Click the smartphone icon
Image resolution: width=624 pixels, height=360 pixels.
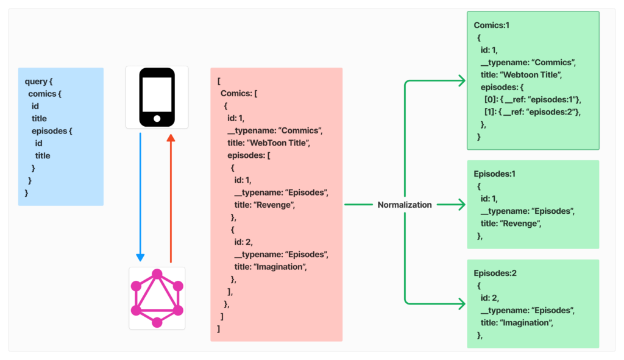point(157,97)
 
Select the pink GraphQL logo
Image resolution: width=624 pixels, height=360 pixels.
point(157,298)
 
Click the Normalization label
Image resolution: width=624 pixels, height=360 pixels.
point(404,205)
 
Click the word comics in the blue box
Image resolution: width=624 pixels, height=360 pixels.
point(42,94)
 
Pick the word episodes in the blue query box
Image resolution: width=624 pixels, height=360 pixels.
point(49,131)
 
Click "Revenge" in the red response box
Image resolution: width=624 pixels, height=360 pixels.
point(275,205)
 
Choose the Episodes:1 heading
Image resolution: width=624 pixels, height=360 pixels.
point(494,174)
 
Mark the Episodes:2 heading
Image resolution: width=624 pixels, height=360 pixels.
point(494,274)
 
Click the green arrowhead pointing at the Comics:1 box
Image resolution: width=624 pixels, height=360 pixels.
point(461,80)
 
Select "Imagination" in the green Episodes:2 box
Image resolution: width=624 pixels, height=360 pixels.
point(525,323)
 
